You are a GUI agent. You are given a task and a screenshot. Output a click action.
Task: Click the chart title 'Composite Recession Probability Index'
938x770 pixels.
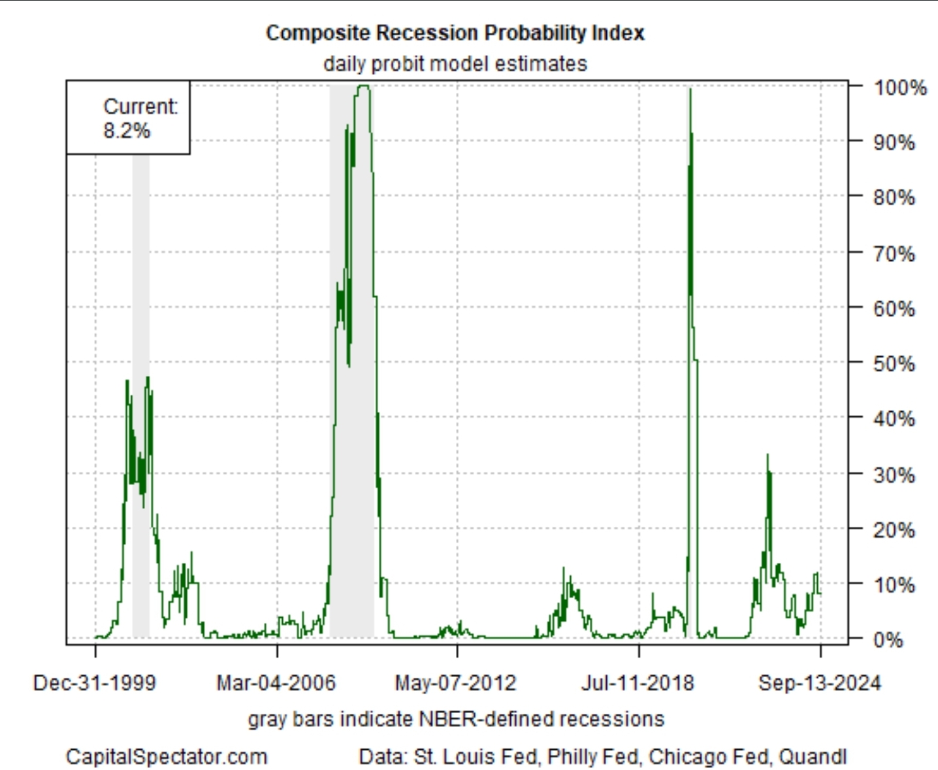coord(455,33)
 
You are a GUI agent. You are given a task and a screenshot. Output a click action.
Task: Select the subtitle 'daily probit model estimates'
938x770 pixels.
coord(455,64)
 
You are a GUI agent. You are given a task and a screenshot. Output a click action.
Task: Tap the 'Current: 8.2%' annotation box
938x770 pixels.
coord(129,118)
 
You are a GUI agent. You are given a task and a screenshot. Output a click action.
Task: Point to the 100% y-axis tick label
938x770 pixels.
coord(899,88)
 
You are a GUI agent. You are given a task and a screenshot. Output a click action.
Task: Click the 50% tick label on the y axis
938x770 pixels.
coord(894,363)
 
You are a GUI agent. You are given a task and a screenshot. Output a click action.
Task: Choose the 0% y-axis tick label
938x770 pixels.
coord(888,640)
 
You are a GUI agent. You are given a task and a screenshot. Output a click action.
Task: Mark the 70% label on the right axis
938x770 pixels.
coord(894,254)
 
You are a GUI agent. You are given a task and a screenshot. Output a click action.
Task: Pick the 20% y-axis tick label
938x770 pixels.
coord(894,529)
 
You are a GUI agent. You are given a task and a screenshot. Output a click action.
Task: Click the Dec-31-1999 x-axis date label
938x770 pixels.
coord(95,683)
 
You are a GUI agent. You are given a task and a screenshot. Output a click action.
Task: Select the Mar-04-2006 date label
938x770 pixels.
coord(276,683)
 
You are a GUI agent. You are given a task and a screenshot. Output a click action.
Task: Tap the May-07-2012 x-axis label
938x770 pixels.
coord(456,683)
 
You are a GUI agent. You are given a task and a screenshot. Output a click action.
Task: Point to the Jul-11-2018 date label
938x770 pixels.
coord(638,683)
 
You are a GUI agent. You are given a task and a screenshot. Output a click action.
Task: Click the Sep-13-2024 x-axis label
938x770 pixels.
coord(819,683)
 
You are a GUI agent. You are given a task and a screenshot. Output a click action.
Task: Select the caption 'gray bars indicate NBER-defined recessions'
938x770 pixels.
coord(456,719)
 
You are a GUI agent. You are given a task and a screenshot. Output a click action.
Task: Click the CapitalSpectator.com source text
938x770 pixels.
coord(167,757)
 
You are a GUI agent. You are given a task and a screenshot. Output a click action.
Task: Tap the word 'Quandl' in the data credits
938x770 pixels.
coord(813,757)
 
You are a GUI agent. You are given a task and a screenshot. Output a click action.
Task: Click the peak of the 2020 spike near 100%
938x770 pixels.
coord(690,90)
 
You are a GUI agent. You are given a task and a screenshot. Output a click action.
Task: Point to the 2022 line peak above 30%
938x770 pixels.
coord(768,455)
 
